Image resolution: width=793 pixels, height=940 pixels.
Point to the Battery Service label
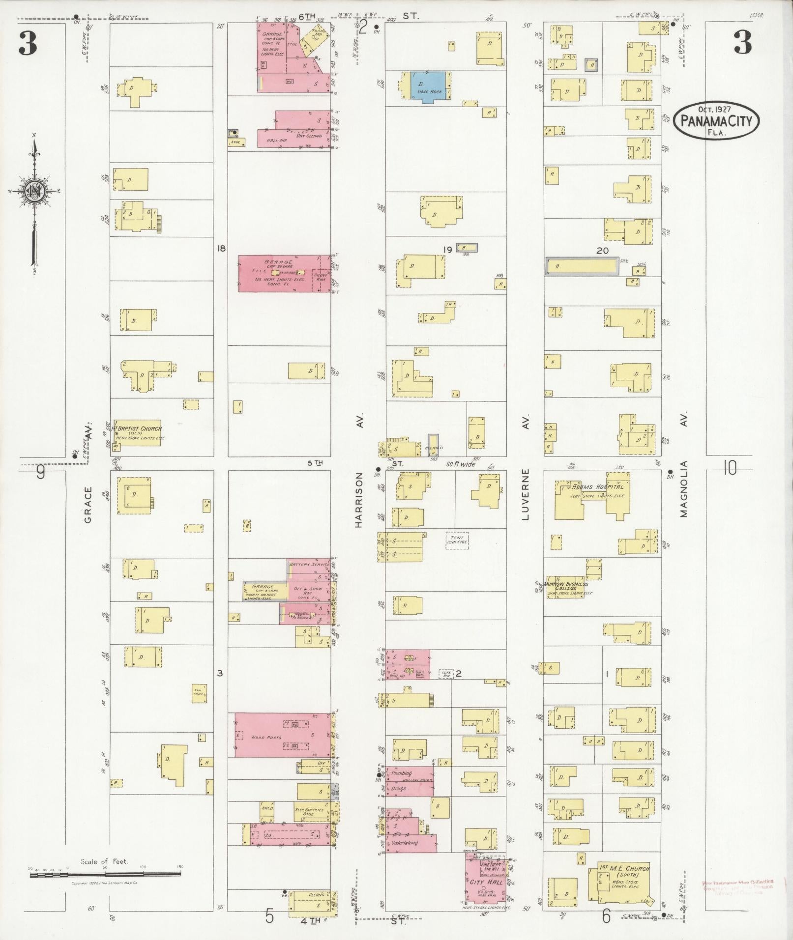309,565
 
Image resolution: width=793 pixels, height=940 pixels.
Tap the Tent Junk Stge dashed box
457,541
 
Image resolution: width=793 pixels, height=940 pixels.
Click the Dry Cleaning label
309,136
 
